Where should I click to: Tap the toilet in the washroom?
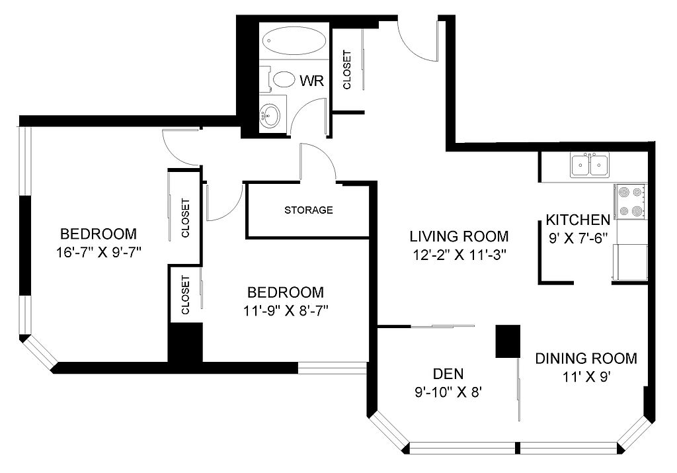[280, 79]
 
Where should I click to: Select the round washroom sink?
[270, 115]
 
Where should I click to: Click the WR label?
[311, 80]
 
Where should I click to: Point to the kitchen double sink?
[589, 165]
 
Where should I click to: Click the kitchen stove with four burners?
[631, 201]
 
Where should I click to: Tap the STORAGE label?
[308, 210]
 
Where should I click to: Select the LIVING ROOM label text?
[459, 236]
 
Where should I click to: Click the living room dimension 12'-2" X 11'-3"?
[459, 255]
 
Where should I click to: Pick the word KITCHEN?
[578, 220]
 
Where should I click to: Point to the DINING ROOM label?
[586, 359]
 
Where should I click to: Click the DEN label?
[448, 374]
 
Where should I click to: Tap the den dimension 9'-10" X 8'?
[448, 392]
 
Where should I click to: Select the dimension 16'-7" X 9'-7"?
[99, 252]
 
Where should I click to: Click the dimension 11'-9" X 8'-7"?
[286, 310]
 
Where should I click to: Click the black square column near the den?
[508, 341]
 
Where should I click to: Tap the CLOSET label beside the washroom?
[346, 70]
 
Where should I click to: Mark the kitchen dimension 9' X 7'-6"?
[578, 238]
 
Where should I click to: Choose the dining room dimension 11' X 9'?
[586, 377]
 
